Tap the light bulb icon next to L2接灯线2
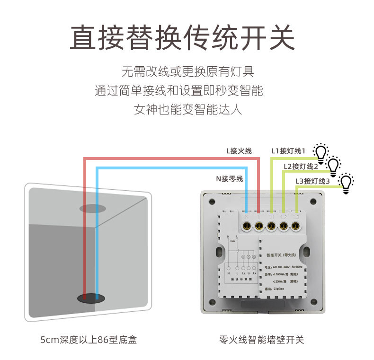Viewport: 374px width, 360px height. point(334,165)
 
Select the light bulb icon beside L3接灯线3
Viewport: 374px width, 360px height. point(347,182)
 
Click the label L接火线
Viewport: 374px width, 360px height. point(239,151)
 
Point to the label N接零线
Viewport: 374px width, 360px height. point(230,179)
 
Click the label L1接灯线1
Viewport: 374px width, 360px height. point(289,151)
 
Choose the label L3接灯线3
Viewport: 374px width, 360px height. point(312,181)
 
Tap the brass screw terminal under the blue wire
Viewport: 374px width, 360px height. point(247,226)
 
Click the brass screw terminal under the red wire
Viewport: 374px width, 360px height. point(259,226)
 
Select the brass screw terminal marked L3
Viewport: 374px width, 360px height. point(296,226)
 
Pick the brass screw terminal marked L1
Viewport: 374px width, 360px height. point(271,226)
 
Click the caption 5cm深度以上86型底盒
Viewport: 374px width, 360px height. point(88,340)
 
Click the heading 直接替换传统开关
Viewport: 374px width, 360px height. point(182,37)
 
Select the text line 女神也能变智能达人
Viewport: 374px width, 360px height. point(188,110)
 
